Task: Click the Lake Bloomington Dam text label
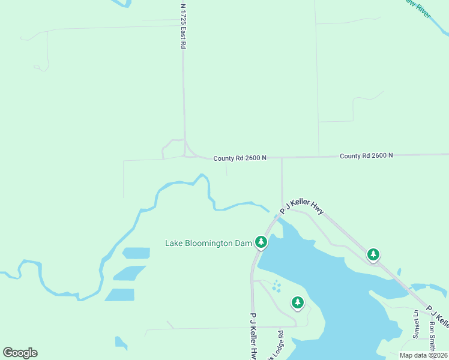(x=208, y=243)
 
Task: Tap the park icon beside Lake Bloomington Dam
(x=261, y=242)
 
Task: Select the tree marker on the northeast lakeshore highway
(x=373, y=254)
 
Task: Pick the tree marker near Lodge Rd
(x=298, y=302)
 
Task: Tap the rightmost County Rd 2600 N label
(x=366, y=155)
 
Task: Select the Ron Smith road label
(x=432, y=337)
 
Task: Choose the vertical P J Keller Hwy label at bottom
(x=253, y=336)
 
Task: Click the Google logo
(x=20, y=353)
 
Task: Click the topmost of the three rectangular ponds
(x=136, y=253)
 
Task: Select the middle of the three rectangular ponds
(x=129, y=273)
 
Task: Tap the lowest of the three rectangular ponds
(x=120, y=295)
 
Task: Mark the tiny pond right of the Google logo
(x=121, y=343)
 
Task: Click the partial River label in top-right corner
(x=418, y=9)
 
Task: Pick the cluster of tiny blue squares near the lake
(x=276, y=286)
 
